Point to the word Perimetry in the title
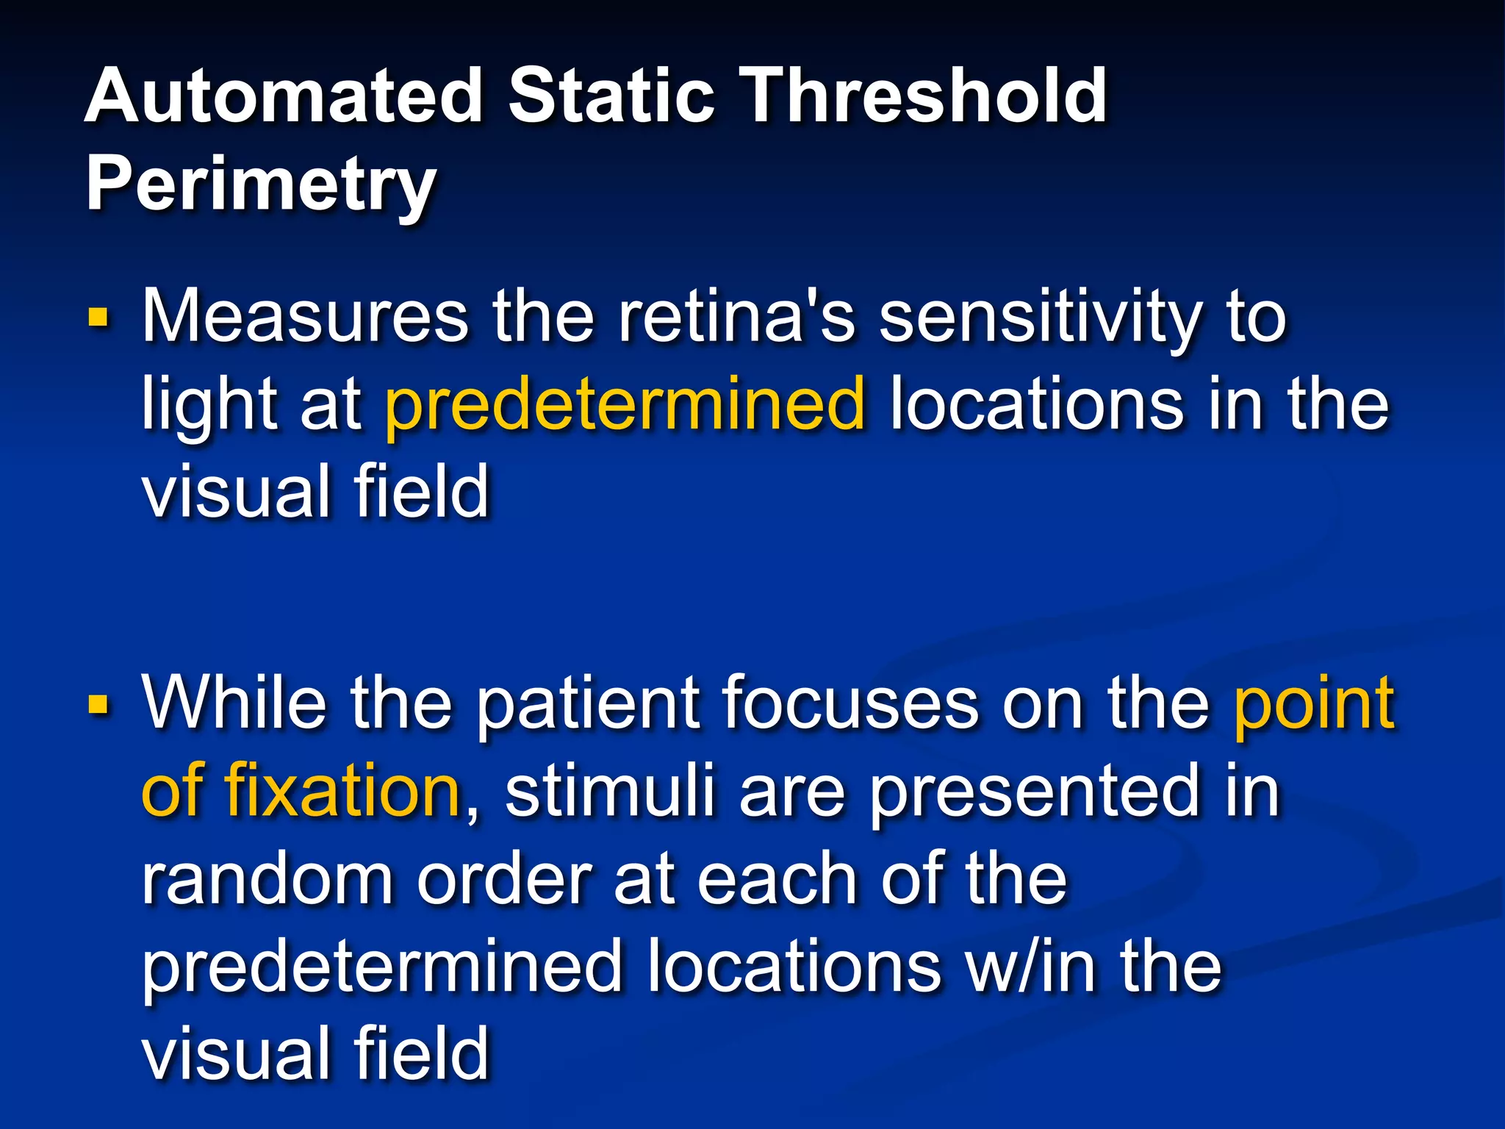[x=261, y=185]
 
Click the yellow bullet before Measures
[x=98, y=318]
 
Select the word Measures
[x=305, y=318]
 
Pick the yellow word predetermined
[x=625, y=406]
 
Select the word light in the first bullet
[x=206, y=406]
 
